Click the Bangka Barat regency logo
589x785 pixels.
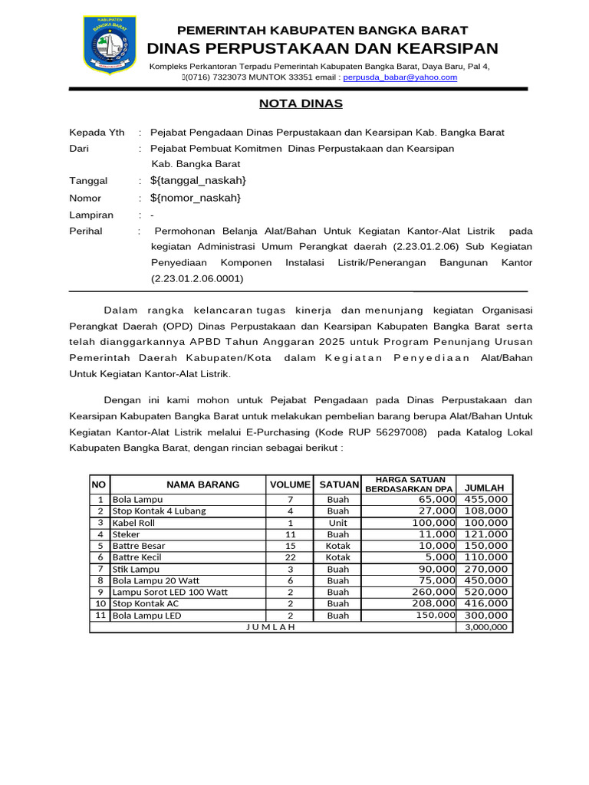click(110, 46)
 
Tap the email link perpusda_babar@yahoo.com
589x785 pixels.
click(400, 77)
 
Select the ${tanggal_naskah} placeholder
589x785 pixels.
click(199, 180)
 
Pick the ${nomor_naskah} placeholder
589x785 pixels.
click(196, 198)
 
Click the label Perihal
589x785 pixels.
click(86, 231)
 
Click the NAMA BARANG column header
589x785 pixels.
click(203, 484)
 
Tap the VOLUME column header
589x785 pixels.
click(290, 484)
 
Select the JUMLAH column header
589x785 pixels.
click(485, 488)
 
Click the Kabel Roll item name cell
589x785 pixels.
click(133, 523)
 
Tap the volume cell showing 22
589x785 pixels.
click(290, 557)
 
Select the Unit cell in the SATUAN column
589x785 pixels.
click(337, 523)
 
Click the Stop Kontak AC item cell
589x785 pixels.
click(139, 603)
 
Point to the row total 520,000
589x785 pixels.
click(485, 592)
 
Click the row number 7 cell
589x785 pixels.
click(100, 569)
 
